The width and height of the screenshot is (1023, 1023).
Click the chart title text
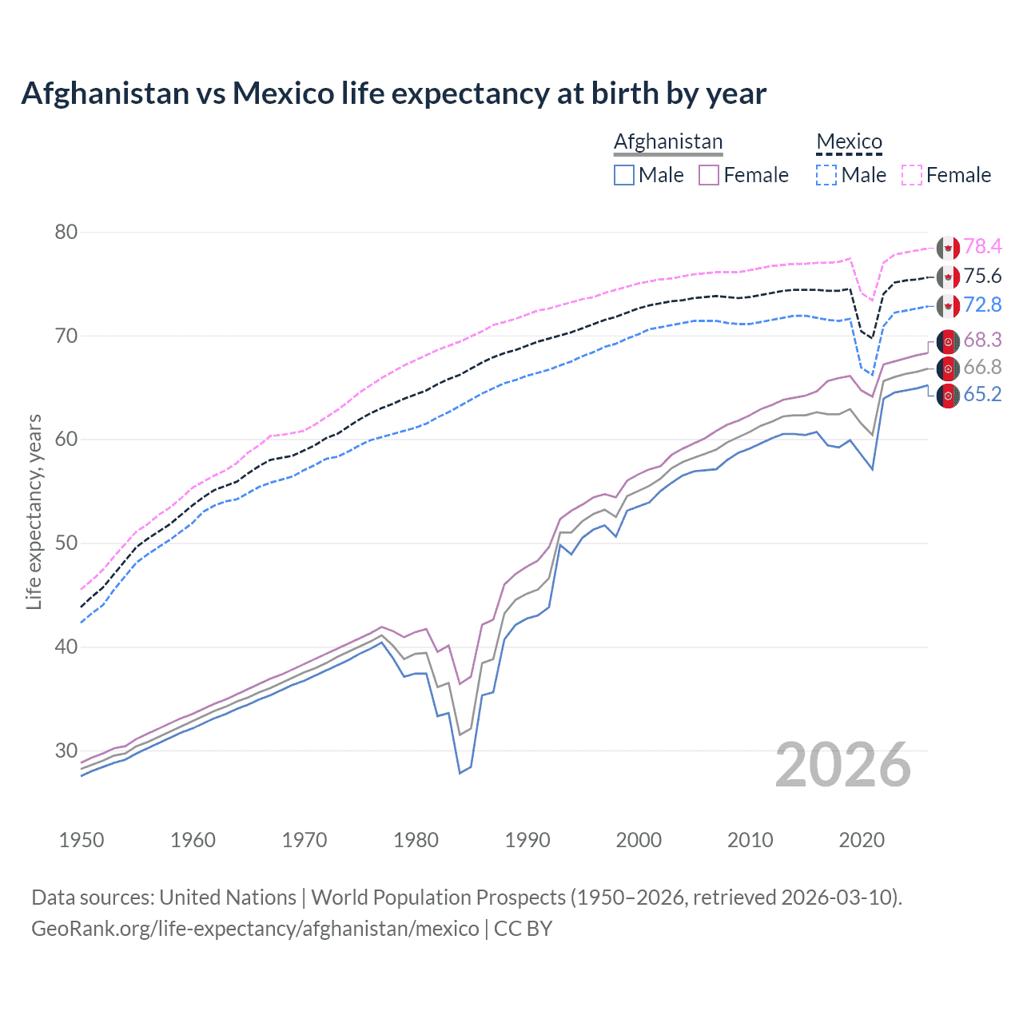(393, 94)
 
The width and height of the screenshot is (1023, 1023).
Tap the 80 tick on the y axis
(66, 233)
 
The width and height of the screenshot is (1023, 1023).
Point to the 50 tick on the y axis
(66, 543)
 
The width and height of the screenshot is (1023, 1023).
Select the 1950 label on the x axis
(82, 840)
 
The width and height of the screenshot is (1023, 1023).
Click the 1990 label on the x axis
(527, 840)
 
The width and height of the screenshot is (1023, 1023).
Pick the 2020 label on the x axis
(862, 840)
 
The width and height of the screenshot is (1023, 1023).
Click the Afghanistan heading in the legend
(668, 141)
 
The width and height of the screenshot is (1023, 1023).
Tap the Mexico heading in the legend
(849, 141)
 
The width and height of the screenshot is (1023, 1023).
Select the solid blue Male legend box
(624, 175)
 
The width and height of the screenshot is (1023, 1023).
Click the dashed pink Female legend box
(912, 175)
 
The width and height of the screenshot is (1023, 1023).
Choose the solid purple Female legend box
(709, 175)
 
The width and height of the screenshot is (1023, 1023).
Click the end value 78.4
(982, 247)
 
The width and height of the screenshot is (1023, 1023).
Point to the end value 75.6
(982, 277)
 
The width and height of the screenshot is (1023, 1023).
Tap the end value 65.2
(982, 395)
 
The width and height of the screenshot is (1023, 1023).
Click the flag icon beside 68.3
(948, 341)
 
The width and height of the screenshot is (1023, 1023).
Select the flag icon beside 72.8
(948, 305)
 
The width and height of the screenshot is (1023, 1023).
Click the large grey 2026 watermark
(843, 766)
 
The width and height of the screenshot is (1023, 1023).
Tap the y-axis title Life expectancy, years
(34, 511)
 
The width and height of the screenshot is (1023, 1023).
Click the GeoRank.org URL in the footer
(255, 929)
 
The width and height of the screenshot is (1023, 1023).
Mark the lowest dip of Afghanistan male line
(460, 773)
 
